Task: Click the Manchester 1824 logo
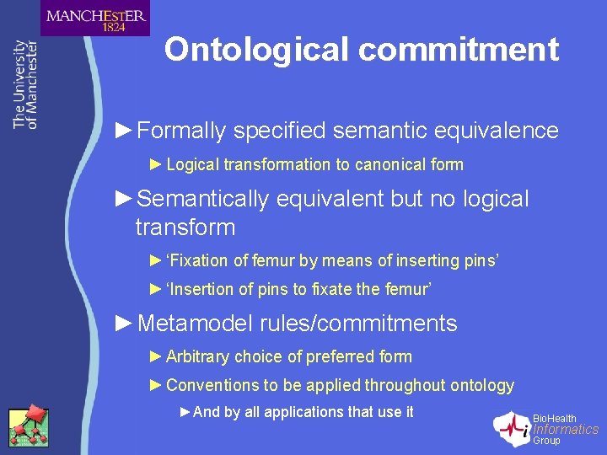point(95,18)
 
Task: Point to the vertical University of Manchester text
point(25,84)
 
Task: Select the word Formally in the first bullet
point(181,131)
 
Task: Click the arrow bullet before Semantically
point(123,199)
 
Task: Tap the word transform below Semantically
point(185,227)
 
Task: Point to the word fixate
point(332,289)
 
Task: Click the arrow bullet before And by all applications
point(185,412)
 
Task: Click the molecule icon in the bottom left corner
point(28,426)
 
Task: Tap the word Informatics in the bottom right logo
point(566,430)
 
